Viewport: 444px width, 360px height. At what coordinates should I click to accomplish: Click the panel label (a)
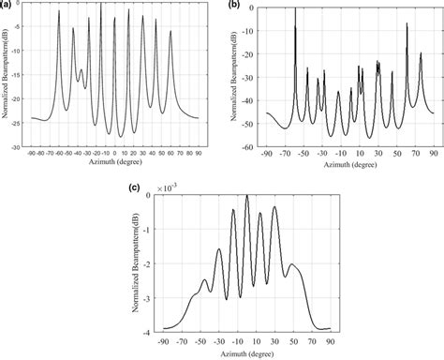pos(8,6)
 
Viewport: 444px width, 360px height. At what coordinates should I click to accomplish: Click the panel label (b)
pos(233,6)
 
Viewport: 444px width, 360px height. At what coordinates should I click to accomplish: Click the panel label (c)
pos(135,187)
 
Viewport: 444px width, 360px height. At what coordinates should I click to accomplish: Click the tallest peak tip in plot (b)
pos(295,7)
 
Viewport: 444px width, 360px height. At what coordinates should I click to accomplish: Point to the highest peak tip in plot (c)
pos(246,195)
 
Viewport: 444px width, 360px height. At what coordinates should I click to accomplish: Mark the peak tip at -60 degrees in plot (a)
pos(59,12)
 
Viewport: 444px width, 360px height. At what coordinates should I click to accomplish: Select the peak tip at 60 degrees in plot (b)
pos(407,23)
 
